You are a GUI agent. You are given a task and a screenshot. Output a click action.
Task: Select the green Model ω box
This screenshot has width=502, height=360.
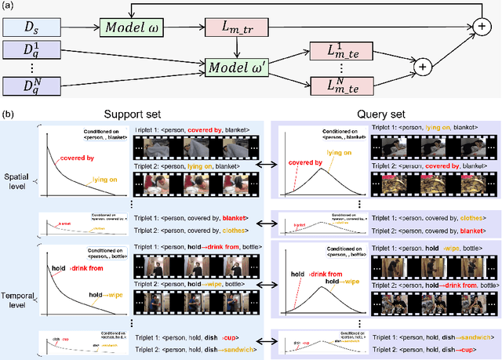pos(126,27)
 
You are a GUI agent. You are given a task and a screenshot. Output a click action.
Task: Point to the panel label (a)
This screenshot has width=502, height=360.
pos(8,5)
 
